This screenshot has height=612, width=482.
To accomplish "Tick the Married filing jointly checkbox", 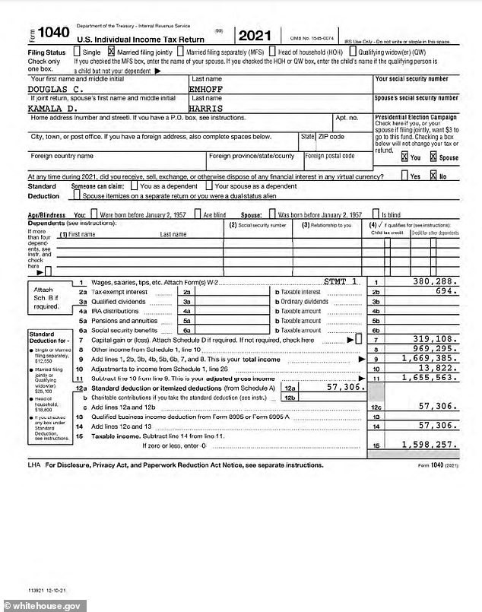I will [113, 51].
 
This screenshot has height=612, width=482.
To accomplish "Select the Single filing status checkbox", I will [76, 51].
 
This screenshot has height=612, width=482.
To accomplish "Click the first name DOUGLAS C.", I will [57, 89].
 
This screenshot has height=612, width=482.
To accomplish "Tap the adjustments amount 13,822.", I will [438, 367].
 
